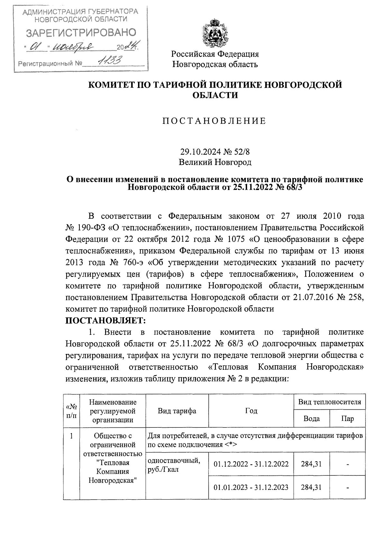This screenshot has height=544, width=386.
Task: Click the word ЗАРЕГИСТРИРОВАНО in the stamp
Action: point(81,33)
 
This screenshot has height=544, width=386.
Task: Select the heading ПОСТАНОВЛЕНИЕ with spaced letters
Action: point(215,121)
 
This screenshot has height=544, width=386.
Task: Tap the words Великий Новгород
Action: point(215,162)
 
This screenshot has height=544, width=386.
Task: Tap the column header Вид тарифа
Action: point(177,411)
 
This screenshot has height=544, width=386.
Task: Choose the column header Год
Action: point(251,411)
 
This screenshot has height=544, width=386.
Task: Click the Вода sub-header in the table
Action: point(311,419)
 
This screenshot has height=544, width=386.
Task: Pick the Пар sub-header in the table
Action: point(348,419)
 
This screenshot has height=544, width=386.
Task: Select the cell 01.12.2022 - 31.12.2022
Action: point(251,464)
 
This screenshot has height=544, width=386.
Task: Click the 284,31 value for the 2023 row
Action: point(311,487)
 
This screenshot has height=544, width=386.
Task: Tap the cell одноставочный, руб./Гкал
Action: point(174,465)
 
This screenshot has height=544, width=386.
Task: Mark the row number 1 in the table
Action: point(71,436)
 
